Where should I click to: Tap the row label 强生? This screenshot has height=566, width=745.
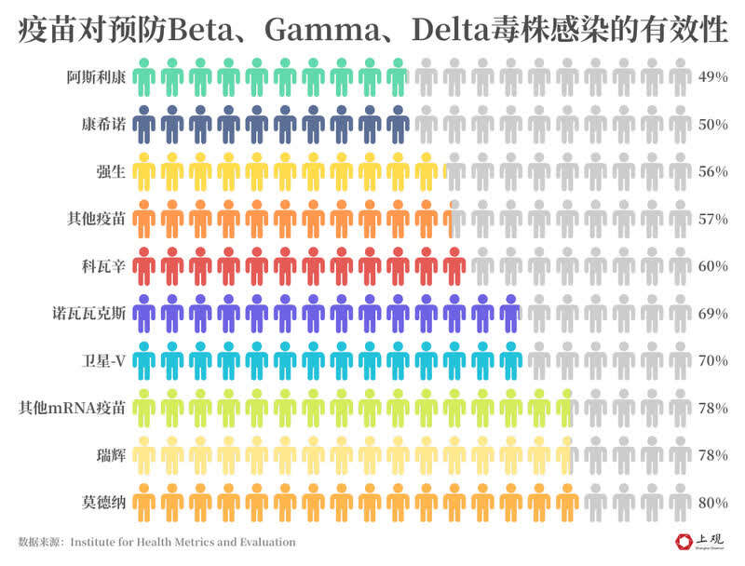pyautogui.click(x=110, y=172)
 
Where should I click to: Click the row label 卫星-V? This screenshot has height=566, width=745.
pyautogui.click(x=104, y=360)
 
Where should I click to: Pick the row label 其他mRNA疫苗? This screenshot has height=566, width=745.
pyautogui.click(x=73, y=408)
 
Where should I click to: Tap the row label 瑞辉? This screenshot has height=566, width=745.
pyautogui.click(x=110, y=455)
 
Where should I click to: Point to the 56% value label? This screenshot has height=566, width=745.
pyautogui.click(x=712, y=172)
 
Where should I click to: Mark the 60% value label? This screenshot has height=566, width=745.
pyautogui.click(x=712, y=266)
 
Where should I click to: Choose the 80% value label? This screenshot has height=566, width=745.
pyautogui.click(x=712, y=503)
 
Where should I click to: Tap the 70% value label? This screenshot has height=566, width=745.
pyautogui.click(x=712, y=360)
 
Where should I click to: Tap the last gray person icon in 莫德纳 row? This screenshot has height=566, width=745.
pyautogui.click(x=680, y=503)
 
